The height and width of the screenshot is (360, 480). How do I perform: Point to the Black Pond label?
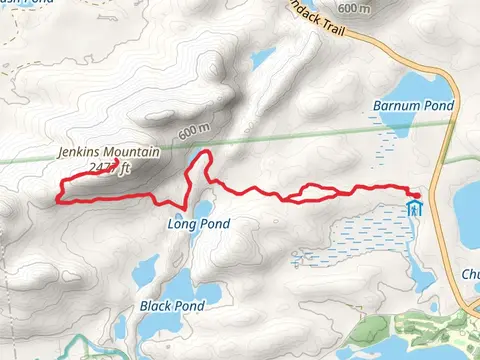172,305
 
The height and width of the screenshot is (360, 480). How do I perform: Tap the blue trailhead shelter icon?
415,209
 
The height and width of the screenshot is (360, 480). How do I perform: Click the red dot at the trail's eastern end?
417,192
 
